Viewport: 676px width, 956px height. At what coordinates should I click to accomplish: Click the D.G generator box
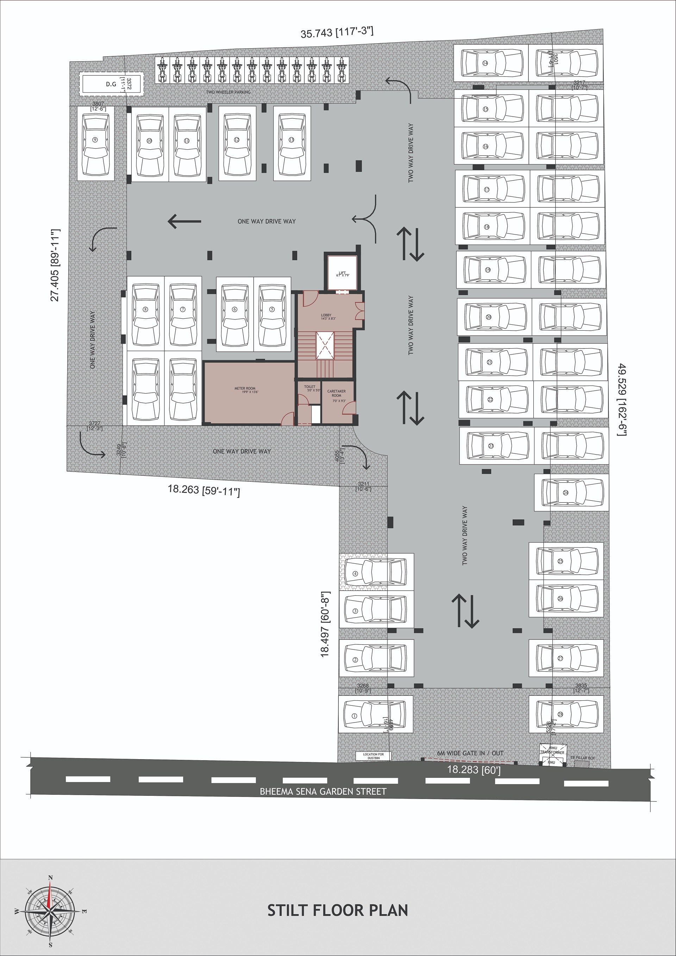coord(111,84)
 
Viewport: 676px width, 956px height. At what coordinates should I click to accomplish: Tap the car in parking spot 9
coord(95,143)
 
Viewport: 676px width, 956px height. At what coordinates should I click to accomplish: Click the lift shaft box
coord(342,273)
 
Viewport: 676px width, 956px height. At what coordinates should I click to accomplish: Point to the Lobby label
coord(326,317)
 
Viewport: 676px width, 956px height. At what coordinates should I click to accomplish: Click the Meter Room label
coord(245,390)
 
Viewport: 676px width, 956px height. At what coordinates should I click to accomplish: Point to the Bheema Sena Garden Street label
coord(323,792)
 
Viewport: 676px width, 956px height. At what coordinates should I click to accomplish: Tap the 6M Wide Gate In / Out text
coord(470,753)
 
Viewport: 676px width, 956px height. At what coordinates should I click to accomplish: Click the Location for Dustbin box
coord(373,756)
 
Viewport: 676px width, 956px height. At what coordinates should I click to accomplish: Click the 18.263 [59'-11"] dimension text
coord(204,491)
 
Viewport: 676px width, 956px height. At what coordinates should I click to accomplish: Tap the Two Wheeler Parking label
coord(228,92)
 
